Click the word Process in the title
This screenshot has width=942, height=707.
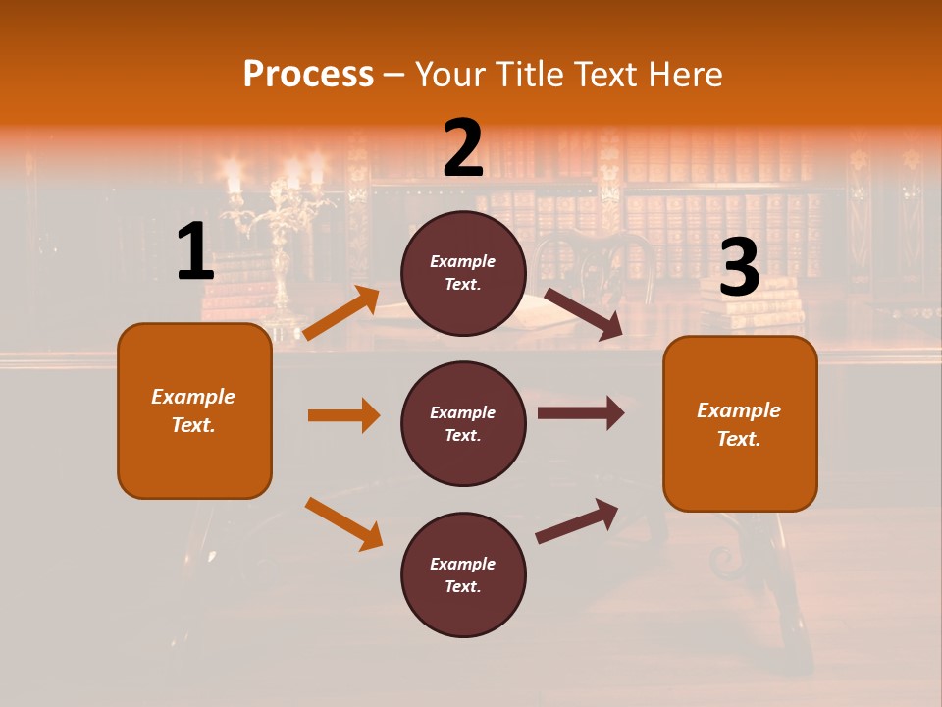308,75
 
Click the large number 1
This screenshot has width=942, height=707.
195,252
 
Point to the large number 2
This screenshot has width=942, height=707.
463,148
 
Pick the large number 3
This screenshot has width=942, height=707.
739,268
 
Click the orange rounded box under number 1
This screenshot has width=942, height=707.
194,410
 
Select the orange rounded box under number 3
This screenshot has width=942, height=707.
740,424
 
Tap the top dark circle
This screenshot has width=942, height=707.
463,272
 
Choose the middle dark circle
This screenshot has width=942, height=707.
463,423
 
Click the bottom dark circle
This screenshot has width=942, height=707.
463,574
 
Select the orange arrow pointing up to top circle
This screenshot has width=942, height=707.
341,313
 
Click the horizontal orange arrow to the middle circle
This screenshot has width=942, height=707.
343,415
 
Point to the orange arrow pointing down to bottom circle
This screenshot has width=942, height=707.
343,523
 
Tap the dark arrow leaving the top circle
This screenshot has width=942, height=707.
582,313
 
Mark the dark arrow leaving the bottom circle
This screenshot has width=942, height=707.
577,520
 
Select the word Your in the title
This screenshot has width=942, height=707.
446,75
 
